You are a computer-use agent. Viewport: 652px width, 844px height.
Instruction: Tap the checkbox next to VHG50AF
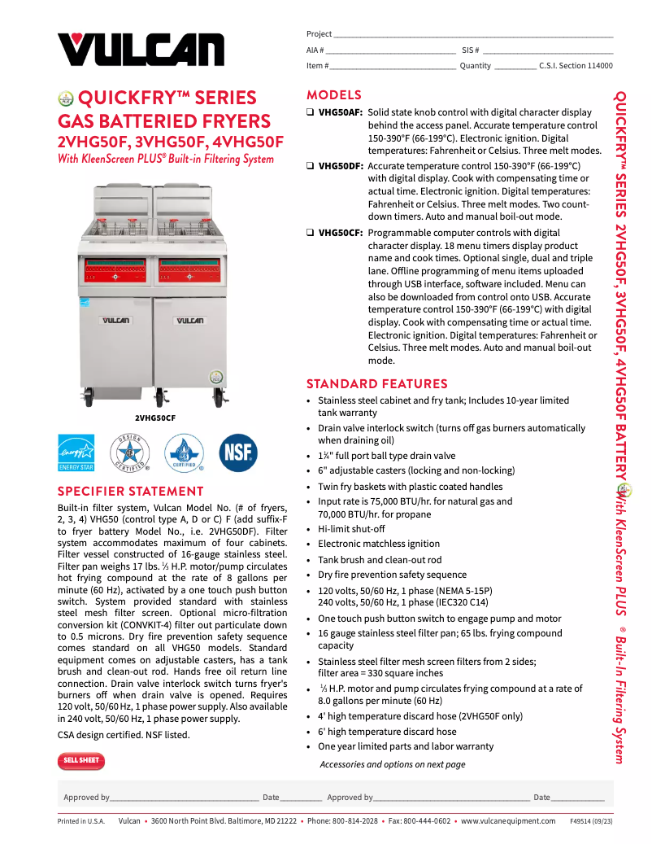pyautogui.click(x=311, y=112)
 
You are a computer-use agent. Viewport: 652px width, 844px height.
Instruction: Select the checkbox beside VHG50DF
pyautogui.click(x=311, y=166)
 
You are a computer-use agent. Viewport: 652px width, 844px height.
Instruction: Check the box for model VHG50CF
pyautogui.click(x=311, y=233)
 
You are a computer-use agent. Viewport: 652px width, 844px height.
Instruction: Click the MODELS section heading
pyautogui.click(x=334, y=95)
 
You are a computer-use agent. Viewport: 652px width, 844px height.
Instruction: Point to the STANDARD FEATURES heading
pyautogui.click(x=376, y=383)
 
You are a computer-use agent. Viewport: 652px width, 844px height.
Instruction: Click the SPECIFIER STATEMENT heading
pyautogui.click(x=131, y=491)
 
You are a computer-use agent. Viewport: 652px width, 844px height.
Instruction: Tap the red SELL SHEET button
pyautogui.click(x=81, y=761)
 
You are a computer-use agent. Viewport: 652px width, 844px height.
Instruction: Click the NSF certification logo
pyautogui.click(x=238, y=453)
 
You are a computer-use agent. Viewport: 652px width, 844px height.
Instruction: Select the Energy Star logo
pyautogui.click(x=76, y=453)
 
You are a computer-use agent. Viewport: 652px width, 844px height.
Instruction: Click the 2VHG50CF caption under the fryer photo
pyautogui.click(x=155, y=418)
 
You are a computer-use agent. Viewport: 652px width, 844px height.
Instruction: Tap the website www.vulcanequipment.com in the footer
pyautogui.click(x=508, y=821)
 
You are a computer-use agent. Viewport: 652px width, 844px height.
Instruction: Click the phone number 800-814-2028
pyautogui.click(x=354, y=821)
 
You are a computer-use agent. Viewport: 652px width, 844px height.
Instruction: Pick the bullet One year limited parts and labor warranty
pyautogui.click(x=406, y=746)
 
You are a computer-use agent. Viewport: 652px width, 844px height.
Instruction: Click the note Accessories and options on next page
pyautogui.click(x=393, y=764)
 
